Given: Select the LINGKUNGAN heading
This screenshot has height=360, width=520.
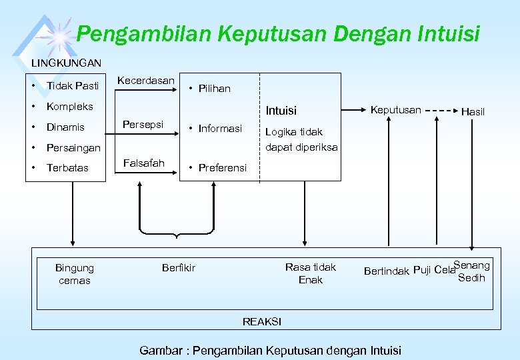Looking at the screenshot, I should (x=67, y=63).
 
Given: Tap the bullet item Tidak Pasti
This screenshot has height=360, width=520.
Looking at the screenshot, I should (x=72, y=85).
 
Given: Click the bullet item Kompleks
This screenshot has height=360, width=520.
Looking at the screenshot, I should (x=69, y=106).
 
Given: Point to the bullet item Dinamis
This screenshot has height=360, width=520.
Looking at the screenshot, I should (x=65, y=127).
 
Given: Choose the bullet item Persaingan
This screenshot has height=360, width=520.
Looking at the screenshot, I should (x=73, y=147).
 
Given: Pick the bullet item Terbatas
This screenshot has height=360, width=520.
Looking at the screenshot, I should (x=67, y=167).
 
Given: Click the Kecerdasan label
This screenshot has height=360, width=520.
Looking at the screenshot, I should (x=145, y=81).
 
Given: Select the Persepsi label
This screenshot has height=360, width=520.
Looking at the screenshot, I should (x=143, y=124).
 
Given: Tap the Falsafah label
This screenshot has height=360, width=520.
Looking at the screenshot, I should (x=143, y=163).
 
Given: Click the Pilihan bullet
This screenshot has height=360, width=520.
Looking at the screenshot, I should (x=214, y=88).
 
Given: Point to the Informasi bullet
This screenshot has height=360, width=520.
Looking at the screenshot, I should (x=220, y=128).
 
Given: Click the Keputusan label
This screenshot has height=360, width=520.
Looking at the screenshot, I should (x=395, y=109).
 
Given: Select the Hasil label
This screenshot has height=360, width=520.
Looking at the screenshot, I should (x=473, y=113).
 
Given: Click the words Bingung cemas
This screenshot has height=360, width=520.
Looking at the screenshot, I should (x=75, y=274).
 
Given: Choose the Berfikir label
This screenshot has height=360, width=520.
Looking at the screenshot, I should (x=179, y=267).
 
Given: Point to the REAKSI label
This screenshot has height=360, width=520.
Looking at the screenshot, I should (x=262, y=321).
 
